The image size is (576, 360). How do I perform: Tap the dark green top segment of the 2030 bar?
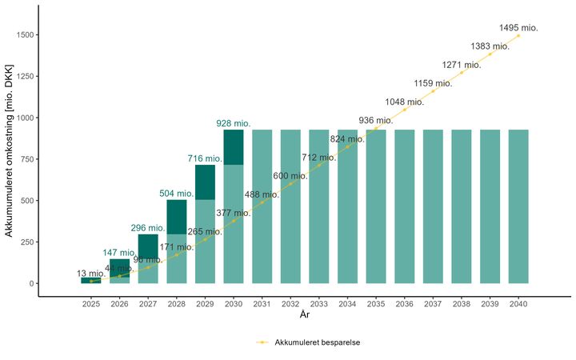coord(234,147)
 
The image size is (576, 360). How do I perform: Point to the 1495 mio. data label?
coord(518,28)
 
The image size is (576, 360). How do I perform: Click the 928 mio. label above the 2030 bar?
coord(234,123)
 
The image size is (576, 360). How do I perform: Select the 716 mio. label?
coord(205,158)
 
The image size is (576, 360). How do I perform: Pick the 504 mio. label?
coord(176,194)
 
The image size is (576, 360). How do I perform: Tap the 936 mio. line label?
coord(376,120)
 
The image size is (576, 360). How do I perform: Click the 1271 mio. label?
coord(462,65)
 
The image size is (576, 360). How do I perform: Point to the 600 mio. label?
coord(290,176)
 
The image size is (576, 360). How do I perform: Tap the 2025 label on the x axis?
coord(91,304)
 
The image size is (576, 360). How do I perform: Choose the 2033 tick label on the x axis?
coord(319,304)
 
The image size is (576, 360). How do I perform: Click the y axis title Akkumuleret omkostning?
coord(9,160)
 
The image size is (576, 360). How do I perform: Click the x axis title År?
coord(305,316)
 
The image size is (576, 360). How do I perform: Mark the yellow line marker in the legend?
coord(262,342)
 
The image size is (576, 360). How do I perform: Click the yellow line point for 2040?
coord(518,35)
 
